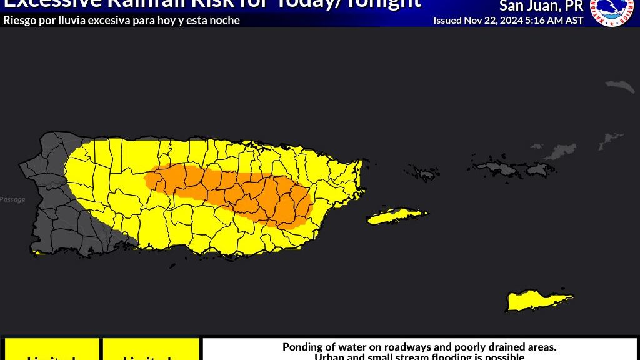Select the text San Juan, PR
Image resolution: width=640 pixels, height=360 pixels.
(541, 6)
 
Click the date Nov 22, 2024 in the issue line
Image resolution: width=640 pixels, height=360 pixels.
(493, 20)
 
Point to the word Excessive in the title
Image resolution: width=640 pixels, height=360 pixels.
(52, 4)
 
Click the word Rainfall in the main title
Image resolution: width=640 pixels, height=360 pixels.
(144, 4)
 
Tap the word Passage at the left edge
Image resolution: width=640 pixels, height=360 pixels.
(12, 199)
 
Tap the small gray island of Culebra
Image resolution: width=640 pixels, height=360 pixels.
(424, 172)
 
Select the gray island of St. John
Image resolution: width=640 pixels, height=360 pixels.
(538, 168)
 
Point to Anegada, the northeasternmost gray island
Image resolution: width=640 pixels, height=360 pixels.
(619, 86)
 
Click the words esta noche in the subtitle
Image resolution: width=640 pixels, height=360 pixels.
(216, 20)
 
